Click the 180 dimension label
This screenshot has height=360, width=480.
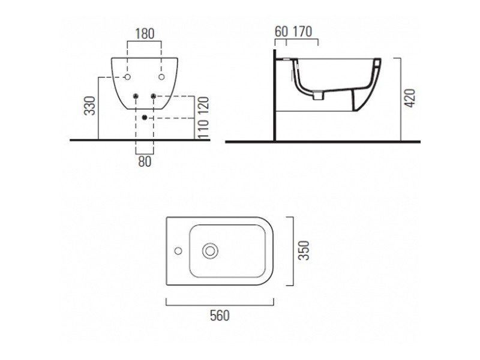point(145,34)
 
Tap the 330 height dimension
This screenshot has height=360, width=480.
point(90,106)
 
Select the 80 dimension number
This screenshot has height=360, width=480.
point(145,161)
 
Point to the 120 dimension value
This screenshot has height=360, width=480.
point(203,103)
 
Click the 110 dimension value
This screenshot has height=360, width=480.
point(203,128)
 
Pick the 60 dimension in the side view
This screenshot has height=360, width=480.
point(281,32)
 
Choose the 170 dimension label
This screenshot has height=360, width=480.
point(302,32)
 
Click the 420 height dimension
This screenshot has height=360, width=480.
point(410,98)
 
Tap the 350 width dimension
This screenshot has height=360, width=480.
point(304,250)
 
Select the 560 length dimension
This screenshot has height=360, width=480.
point(220,316)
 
